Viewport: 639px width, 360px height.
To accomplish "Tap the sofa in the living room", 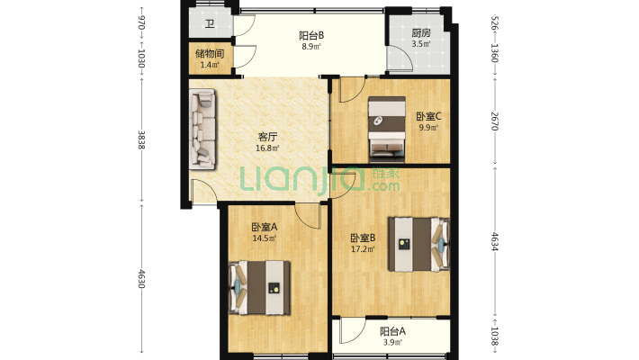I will click(202, 129).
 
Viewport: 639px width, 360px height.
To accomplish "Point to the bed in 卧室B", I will click(418, 243).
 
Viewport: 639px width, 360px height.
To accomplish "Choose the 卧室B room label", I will click(363, 238).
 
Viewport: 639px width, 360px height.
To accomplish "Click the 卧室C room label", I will click(427, 116).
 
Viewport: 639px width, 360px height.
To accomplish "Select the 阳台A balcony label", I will click(392, 330).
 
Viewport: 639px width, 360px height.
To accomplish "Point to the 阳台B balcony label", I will click(311, 35).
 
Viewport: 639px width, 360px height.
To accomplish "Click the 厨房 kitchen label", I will click(420, 32).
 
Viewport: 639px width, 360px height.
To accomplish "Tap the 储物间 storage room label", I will click(208, 53).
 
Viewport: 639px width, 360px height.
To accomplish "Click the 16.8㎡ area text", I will click(267, 149).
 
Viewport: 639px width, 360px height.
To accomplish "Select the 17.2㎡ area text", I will click(364, 249).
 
